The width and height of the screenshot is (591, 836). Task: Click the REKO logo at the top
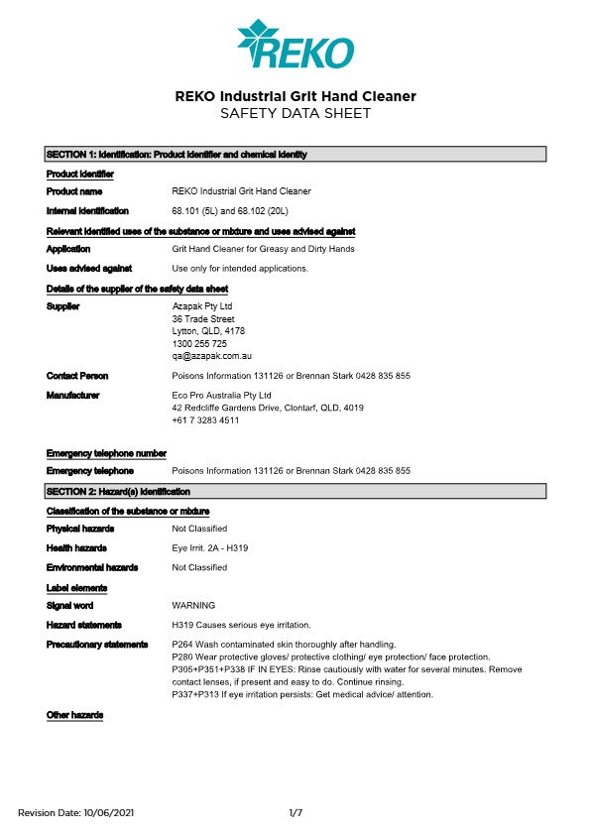click(295, 44)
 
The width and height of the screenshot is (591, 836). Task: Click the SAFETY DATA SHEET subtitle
click(295, 114)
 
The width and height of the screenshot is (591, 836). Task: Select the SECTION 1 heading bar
click(295, 155)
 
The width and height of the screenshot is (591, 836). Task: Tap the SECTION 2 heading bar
click(295, 491)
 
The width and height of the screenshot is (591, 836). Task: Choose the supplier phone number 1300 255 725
click(199, 343)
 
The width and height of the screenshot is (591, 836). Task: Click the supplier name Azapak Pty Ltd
click(201, 307)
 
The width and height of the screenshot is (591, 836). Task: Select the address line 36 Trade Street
click(203, 319)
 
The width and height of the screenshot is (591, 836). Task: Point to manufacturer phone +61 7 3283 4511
click(205, 419)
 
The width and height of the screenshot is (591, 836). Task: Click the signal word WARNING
click(193, 605)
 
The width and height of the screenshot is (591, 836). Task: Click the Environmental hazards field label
click(92, 567)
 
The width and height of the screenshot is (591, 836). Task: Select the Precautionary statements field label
click(97, 645)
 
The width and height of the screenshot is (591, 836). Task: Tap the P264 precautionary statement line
click(284, 645)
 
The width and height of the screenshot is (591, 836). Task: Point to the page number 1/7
click(295, 813)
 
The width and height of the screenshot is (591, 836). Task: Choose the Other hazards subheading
click(74, 715)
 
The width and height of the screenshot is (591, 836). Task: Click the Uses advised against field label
click(89, 268)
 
